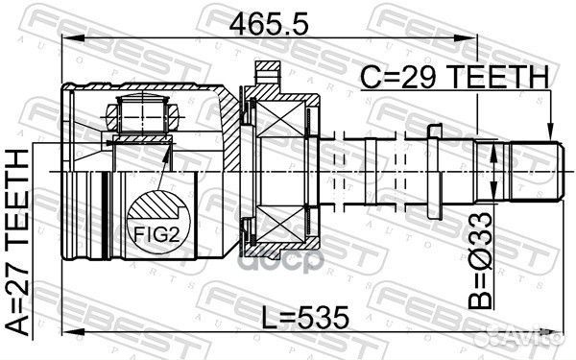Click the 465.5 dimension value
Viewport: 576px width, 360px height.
click(x=269, y=24)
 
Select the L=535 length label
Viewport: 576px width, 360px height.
click(x=304, y=318)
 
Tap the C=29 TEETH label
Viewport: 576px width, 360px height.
click(x=454, y=77)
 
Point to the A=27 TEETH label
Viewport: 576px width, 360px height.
click(x=17, y=242)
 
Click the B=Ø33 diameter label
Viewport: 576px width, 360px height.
click(x=480, y=260)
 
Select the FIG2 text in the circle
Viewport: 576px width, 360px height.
click(x=156, y=234)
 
